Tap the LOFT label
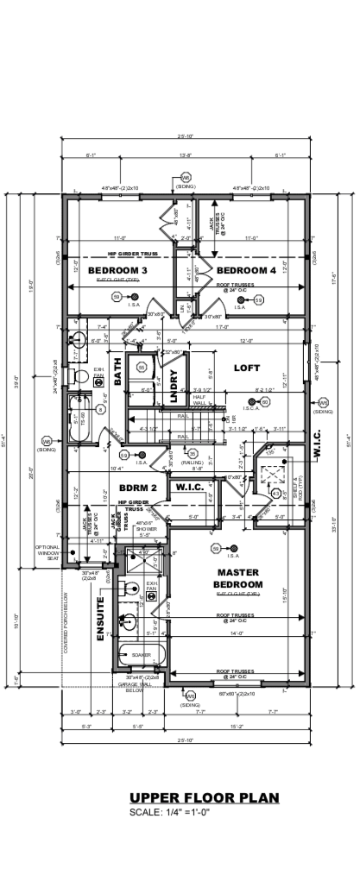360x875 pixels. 247,368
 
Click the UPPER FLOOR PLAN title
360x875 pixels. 204,798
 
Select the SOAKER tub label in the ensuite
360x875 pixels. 142,655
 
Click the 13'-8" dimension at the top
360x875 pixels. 185,155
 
